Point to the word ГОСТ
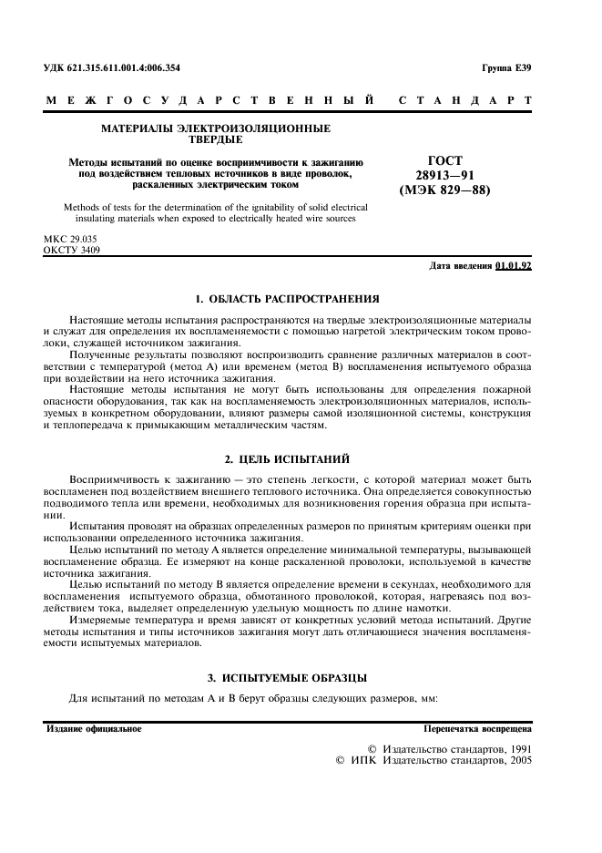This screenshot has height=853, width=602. [444, 160]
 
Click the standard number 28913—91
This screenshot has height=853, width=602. [444, 176]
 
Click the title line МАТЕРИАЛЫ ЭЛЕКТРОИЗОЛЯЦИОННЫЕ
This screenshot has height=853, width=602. [215, 128]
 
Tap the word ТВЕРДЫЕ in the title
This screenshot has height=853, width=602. [215, 140]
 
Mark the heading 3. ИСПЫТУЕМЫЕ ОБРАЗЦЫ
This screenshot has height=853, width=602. [288, 677]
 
